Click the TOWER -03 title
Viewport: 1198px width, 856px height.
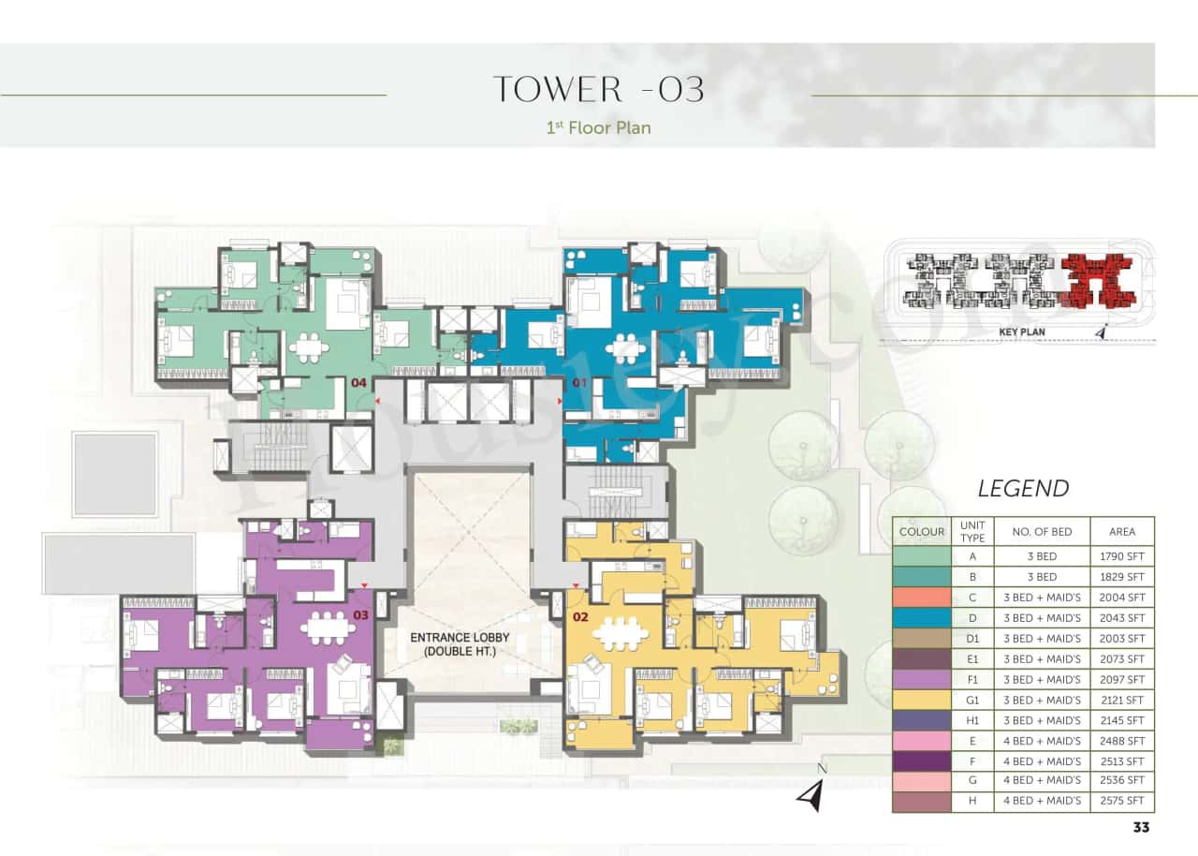click(598, 89)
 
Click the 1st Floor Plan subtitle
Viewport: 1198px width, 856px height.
click(598, 126)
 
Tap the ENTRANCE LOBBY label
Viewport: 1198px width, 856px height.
click(460, 643)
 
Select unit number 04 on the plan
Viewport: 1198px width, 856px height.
click(358, 383)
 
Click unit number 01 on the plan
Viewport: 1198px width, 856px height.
click(578, 383)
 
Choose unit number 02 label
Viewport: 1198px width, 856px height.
click(580, 616)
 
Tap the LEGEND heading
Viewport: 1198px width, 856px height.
click(1023, 488)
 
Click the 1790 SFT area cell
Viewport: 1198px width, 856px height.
click(1122, 555)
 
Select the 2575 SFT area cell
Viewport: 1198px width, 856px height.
click(1122, 801)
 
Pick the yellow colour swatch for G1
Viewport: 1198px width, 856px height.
click(921, 700)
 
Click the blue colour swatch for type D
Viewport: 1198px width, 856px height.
click(921, 618)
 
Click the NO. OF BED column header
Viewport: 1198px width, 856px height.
click(1042, 532)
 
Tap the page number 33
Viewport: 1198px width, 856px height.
click(1140, 827)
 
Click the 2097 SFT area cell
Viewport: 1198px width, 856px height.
click(1122, 679)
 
